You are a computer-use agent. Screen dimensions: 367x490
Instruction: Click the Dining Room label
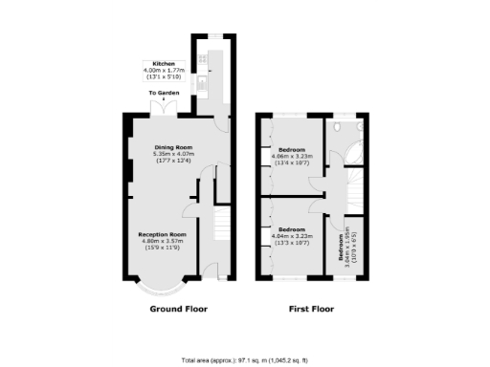pos(172,147)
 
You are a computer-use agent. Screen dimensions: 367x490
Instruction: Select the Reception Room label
pos(161,233)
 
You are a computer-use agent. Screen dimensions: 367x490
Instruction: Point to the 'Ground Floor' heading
pos(178,310)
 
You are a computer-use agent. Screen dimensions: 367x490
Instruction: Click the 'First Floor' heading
pos(313,310)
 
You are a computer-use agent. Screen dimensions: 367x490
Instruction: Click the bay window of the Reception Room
pos(159,285)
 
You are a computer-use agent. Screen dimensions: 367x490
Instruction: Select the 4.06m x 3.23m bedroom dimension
pos(292,159)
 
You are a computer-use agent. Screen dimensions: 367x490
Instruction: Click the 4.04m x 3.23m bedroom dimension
pos(291,237)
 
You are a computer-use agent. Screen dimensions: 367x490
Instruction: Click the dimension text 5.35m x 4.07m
pos(172,154)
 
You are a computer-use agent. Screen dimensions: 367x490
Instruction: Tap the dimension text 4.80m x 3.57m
pos(161,240)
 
